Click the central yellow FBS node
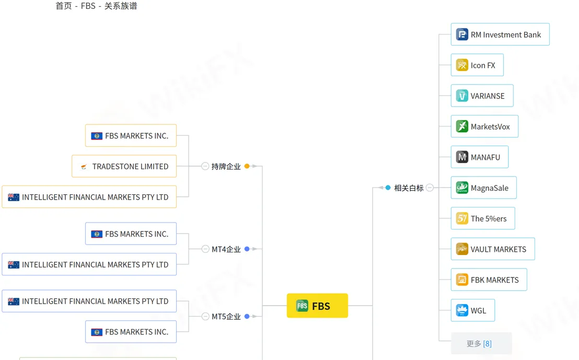317,306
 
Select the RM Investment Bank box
500,34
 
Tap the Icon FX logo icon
462,65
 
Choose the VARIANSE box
482,96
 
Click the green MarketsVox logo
462,126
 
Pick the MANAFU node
479,157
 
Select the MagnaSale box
483,188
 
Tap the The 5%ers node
483,218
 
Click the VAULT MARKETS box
493,249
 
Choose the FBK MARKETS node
489,280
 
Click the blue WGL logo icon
462,310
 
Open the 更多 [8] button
481,343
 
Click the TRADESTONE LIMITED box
124,166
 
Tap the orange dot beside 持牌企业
247,166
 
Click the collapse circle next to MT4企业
205,249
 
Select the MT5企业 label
226,317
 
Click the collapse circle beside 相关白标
430,188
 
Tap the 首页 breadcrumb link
64,6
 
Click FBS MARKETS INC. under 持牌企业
131,135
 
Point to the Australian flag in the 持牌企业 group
14,197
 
